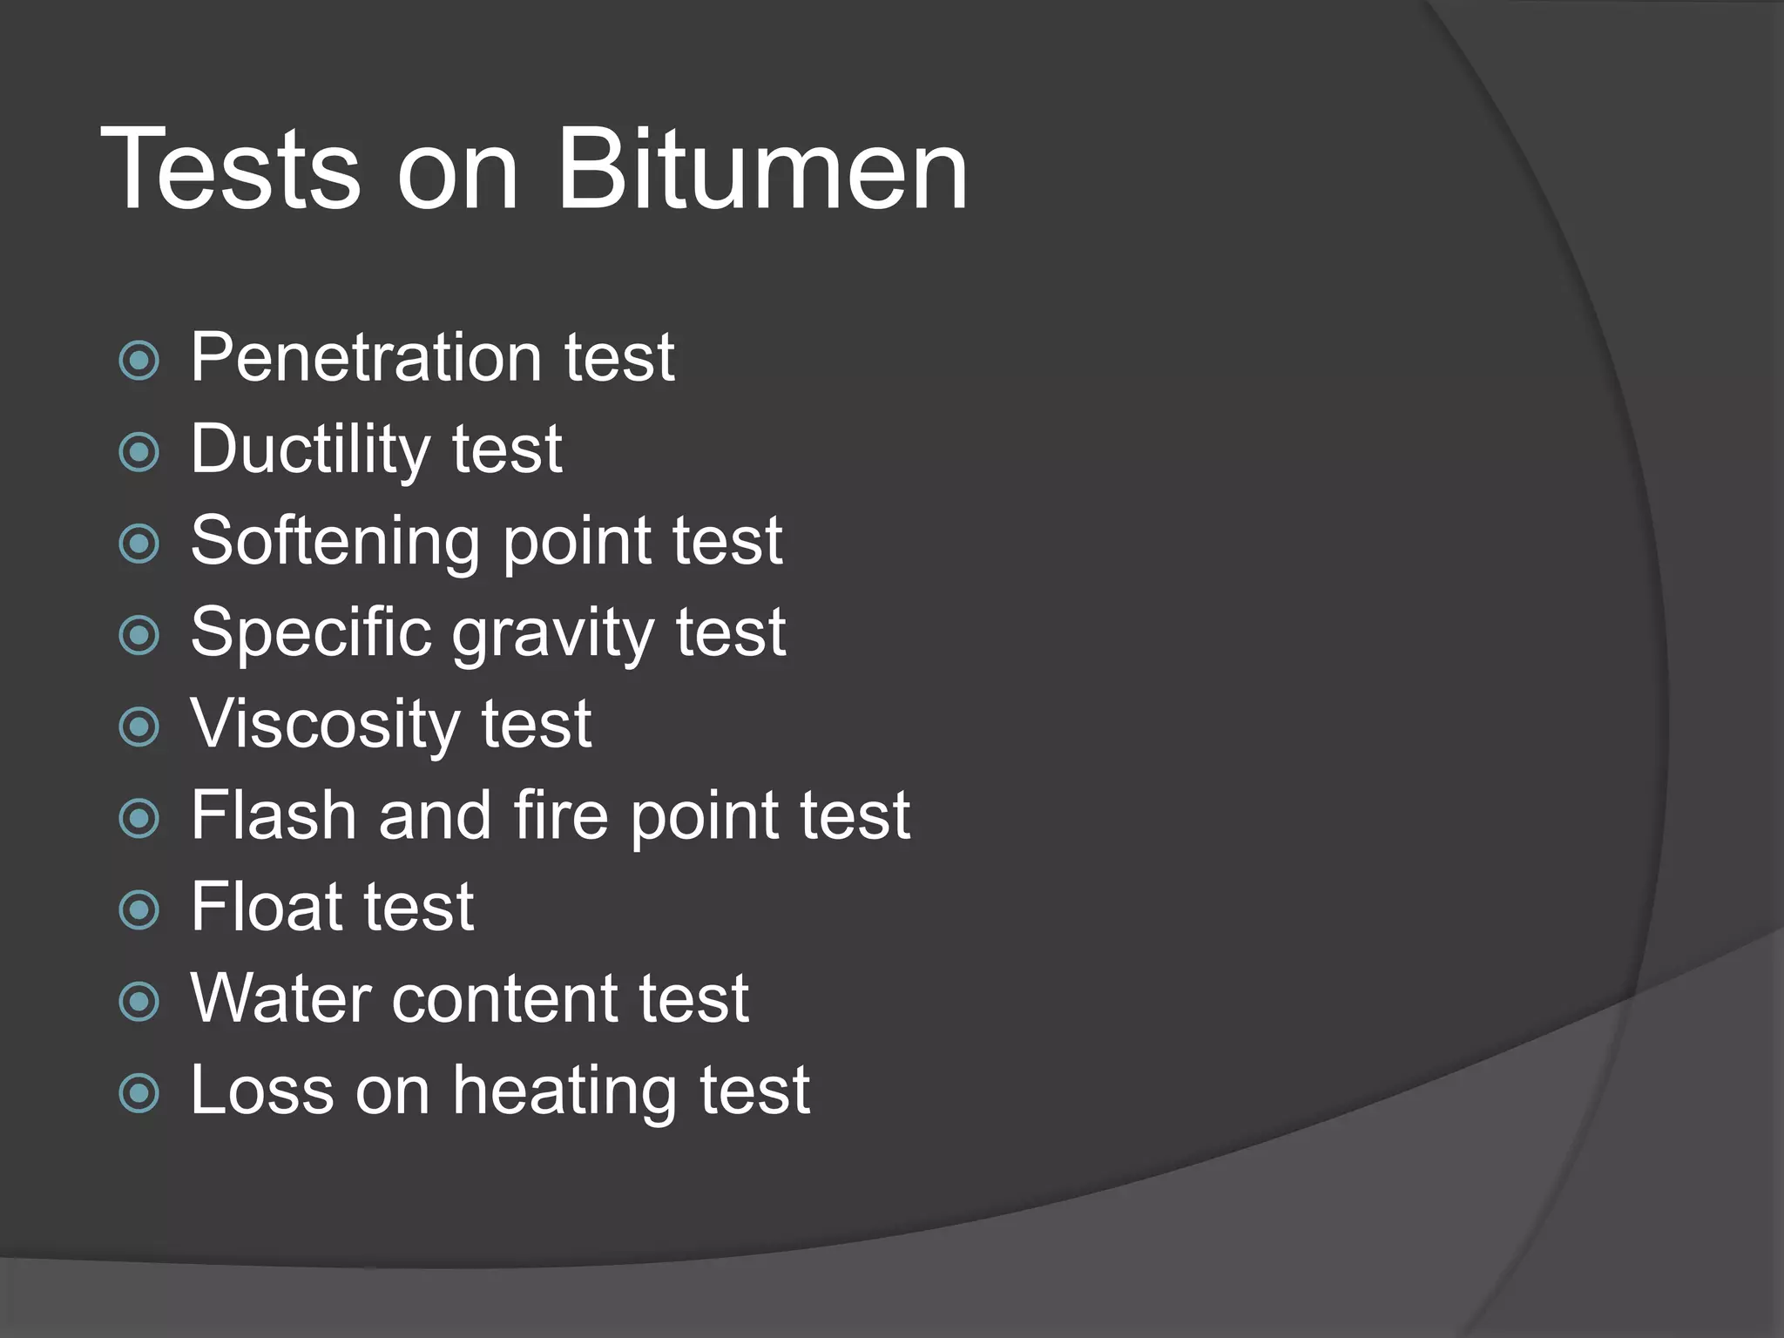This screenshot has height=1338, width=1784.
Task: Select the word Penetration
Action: [x=367, y=357]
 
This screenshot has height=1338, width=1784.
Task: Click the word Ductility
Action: [x=310, y=450]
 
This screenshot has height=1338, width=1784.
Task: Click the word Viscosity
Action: [x=324, y=725]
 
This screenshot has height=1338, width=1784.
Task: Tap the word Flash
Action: [x=274, y=815]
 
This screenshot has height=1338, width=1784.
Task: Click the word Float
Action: [x=266, y=907]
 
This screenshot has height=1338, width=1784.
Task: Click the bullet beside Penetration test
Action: [x=139, y=361]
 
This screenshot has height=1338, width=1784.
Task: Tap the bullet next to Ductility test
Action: [x=139, y=452]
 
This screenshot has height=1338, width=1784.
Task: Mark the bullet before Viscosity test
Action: [x=139, y=726]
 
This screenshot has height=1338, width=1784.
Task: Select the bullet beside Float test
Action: [x=139, y=910]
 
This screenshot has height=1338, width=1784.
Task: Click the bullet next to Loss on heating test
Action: [x=139, y=1093]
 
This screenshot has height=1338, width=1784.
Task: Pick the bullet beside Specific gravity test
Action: [x=139, y=635]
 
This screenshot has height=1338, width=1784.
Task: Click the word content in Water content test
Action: [x=503, y=998]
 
